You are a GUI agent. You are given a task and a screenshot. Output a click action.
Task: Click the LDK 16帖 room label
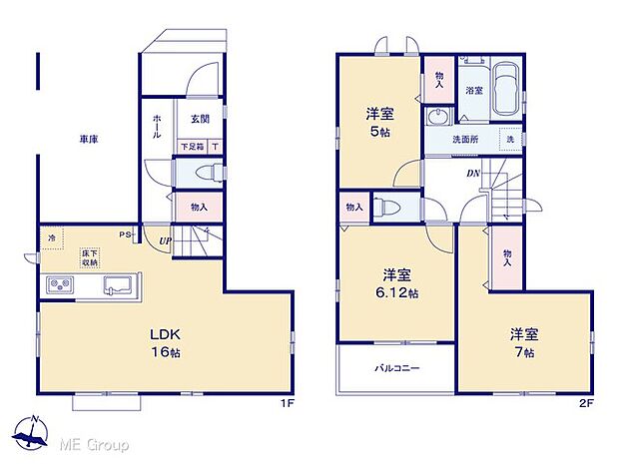pyautogui.click(x=166, y=341)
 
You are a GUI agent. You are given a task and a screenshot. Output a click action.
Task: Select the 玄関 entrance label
pyautogui.click(x=200, y=120)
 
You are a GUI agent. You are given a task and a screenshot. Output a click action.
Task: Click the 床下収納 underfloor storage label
pyautogui.click(x=89, y=258)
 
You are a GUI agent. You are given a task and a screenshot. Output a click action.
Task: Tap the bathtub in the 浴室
pyautogui.click(x=505, y=91)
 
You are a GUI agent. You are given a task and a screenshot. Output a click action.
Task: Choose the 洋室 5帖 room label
pyautogui.click(x=378, y=121)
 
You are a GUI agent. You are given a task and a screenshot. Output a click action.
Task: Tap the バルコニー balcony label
pyautogui.click(x=396, y=368)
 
